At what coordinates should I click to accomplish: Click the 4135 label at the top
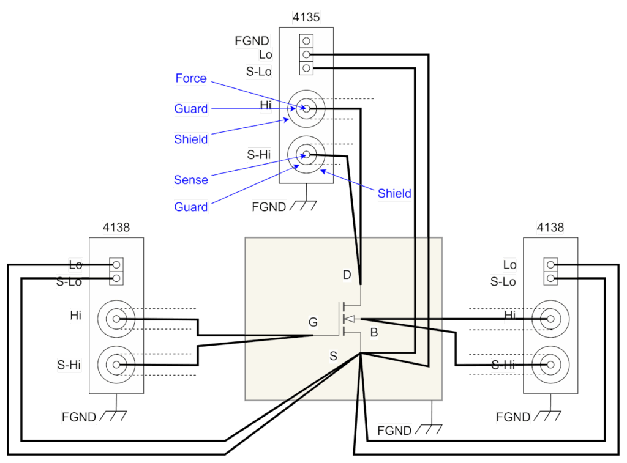click(306, 17)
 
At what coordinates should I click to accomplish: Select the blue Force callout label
click(190, 78)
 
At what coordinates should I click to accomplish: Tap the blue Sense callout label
click(191, 180)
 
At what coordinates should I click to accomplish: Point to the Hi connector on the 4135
click(306, 109)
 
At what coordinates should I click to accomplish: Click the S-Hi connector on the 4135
click(306, 155)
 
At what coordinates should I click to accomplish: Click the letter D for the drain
click(347, 275)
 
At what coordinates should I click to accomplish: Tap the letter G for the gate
click(313, 322)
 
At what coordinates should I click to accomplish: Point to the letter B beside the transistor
click(374, 333)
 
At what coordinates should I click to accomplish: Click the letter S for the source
click(333, 355)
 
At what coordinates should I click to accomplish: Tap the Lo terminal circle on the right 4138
click(551, 265)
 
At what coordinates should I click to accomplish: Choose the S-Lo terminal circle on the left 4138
click(116, 279)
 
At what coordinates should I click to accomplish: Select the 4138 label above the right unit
click(550, 228)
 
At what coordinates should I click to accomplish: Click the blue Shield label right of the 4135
click(394, 194)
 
